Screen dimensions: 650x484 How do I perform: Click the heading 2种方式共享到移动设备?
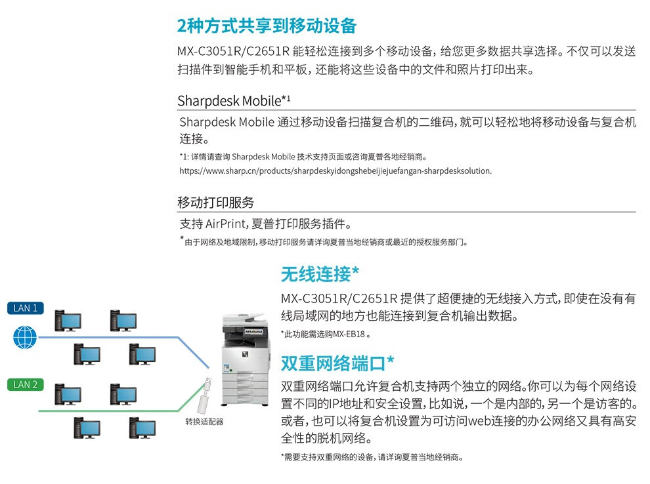tap(267, 26)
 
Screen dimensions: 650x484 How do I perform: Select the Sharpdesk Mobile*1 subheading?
tap(234, 101)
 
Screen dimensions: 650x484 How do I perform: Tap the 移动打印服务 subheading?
tap(215, 202)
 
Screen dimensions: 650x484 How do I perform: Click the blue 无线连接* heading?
tap(320, 273)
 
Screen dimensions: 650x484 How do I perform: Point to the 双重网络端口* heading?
tap(337, 363)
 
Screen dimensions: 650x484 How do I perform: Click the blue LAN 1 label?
tap(26, 308)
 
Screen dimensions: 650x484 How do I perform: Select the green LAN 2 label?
tap(26, 384)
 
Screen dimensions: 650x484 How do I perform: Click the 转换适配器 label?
tap(204, 422)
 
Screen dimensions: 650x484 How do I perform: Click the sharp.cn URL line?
tap(335, 171)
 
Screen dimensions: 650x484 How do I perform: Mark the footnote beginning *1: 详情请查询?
tap(303, 157)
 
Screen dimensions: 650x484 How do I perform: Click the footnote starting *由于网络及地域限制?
tap(325, 241)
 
